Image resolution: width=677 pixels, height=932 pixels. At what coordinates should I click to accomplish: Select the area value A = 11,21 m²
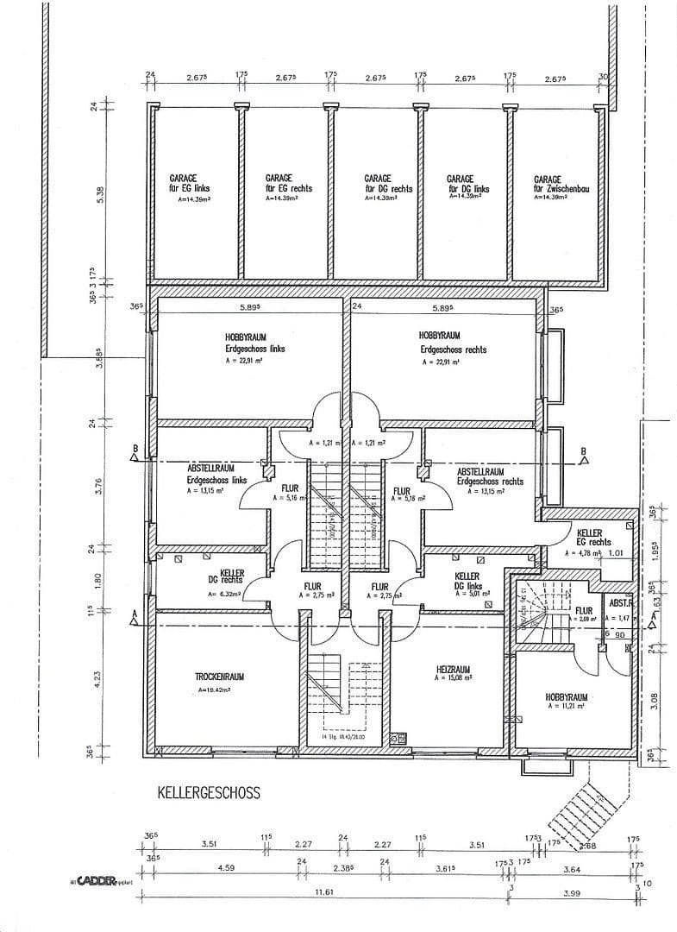[x=566, y=707]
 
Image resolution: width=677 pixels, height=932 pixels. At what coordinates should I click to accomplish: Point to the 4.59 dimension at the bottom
[x=225, y=867]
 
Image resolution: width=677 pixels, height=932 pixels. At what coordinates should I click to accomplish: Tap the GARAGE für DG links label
[x=467, y=184]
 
